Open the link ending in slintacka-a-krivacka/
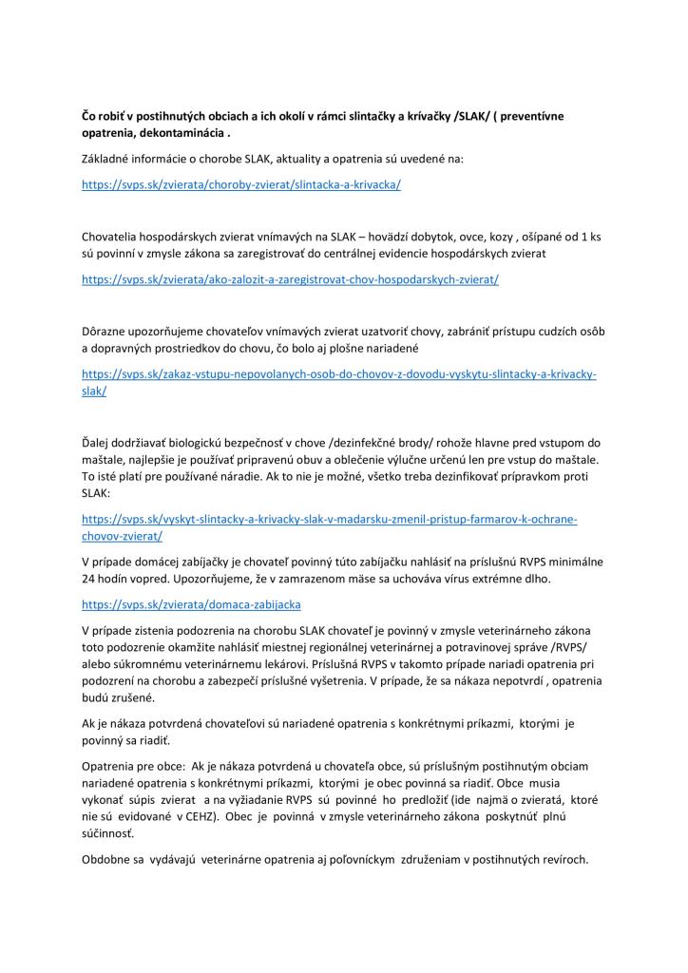pos(241,184)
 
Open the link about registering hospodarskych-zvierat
pos(291,280)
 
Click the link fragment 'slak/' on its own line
pos(94,391)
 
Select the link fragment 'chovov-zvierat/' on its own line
pos(123,536)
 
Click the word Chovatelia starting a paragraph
pos(115,238)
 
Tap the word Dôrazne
pos(107,332)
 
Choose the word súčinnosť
pos(107,833)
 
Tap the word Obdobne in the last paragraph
pos(109,860)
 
